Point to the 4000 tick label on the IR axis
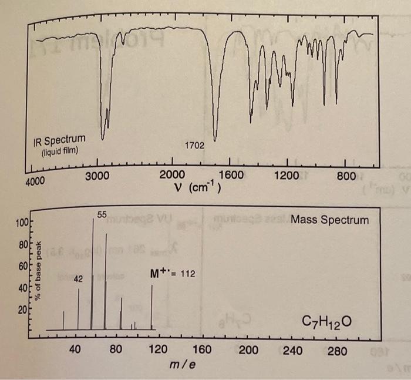[35, 181]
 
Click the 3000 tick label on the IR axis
[97, 176]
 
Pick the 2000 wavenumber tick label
[171, 174]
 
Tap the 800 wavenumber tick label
[346, 174]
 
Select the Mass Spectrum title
[330, 220]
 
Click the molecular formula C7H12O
[326, 322]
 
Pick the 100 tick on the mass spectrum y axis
[22, 223]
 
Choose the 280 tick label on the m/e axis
[337, 351]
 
